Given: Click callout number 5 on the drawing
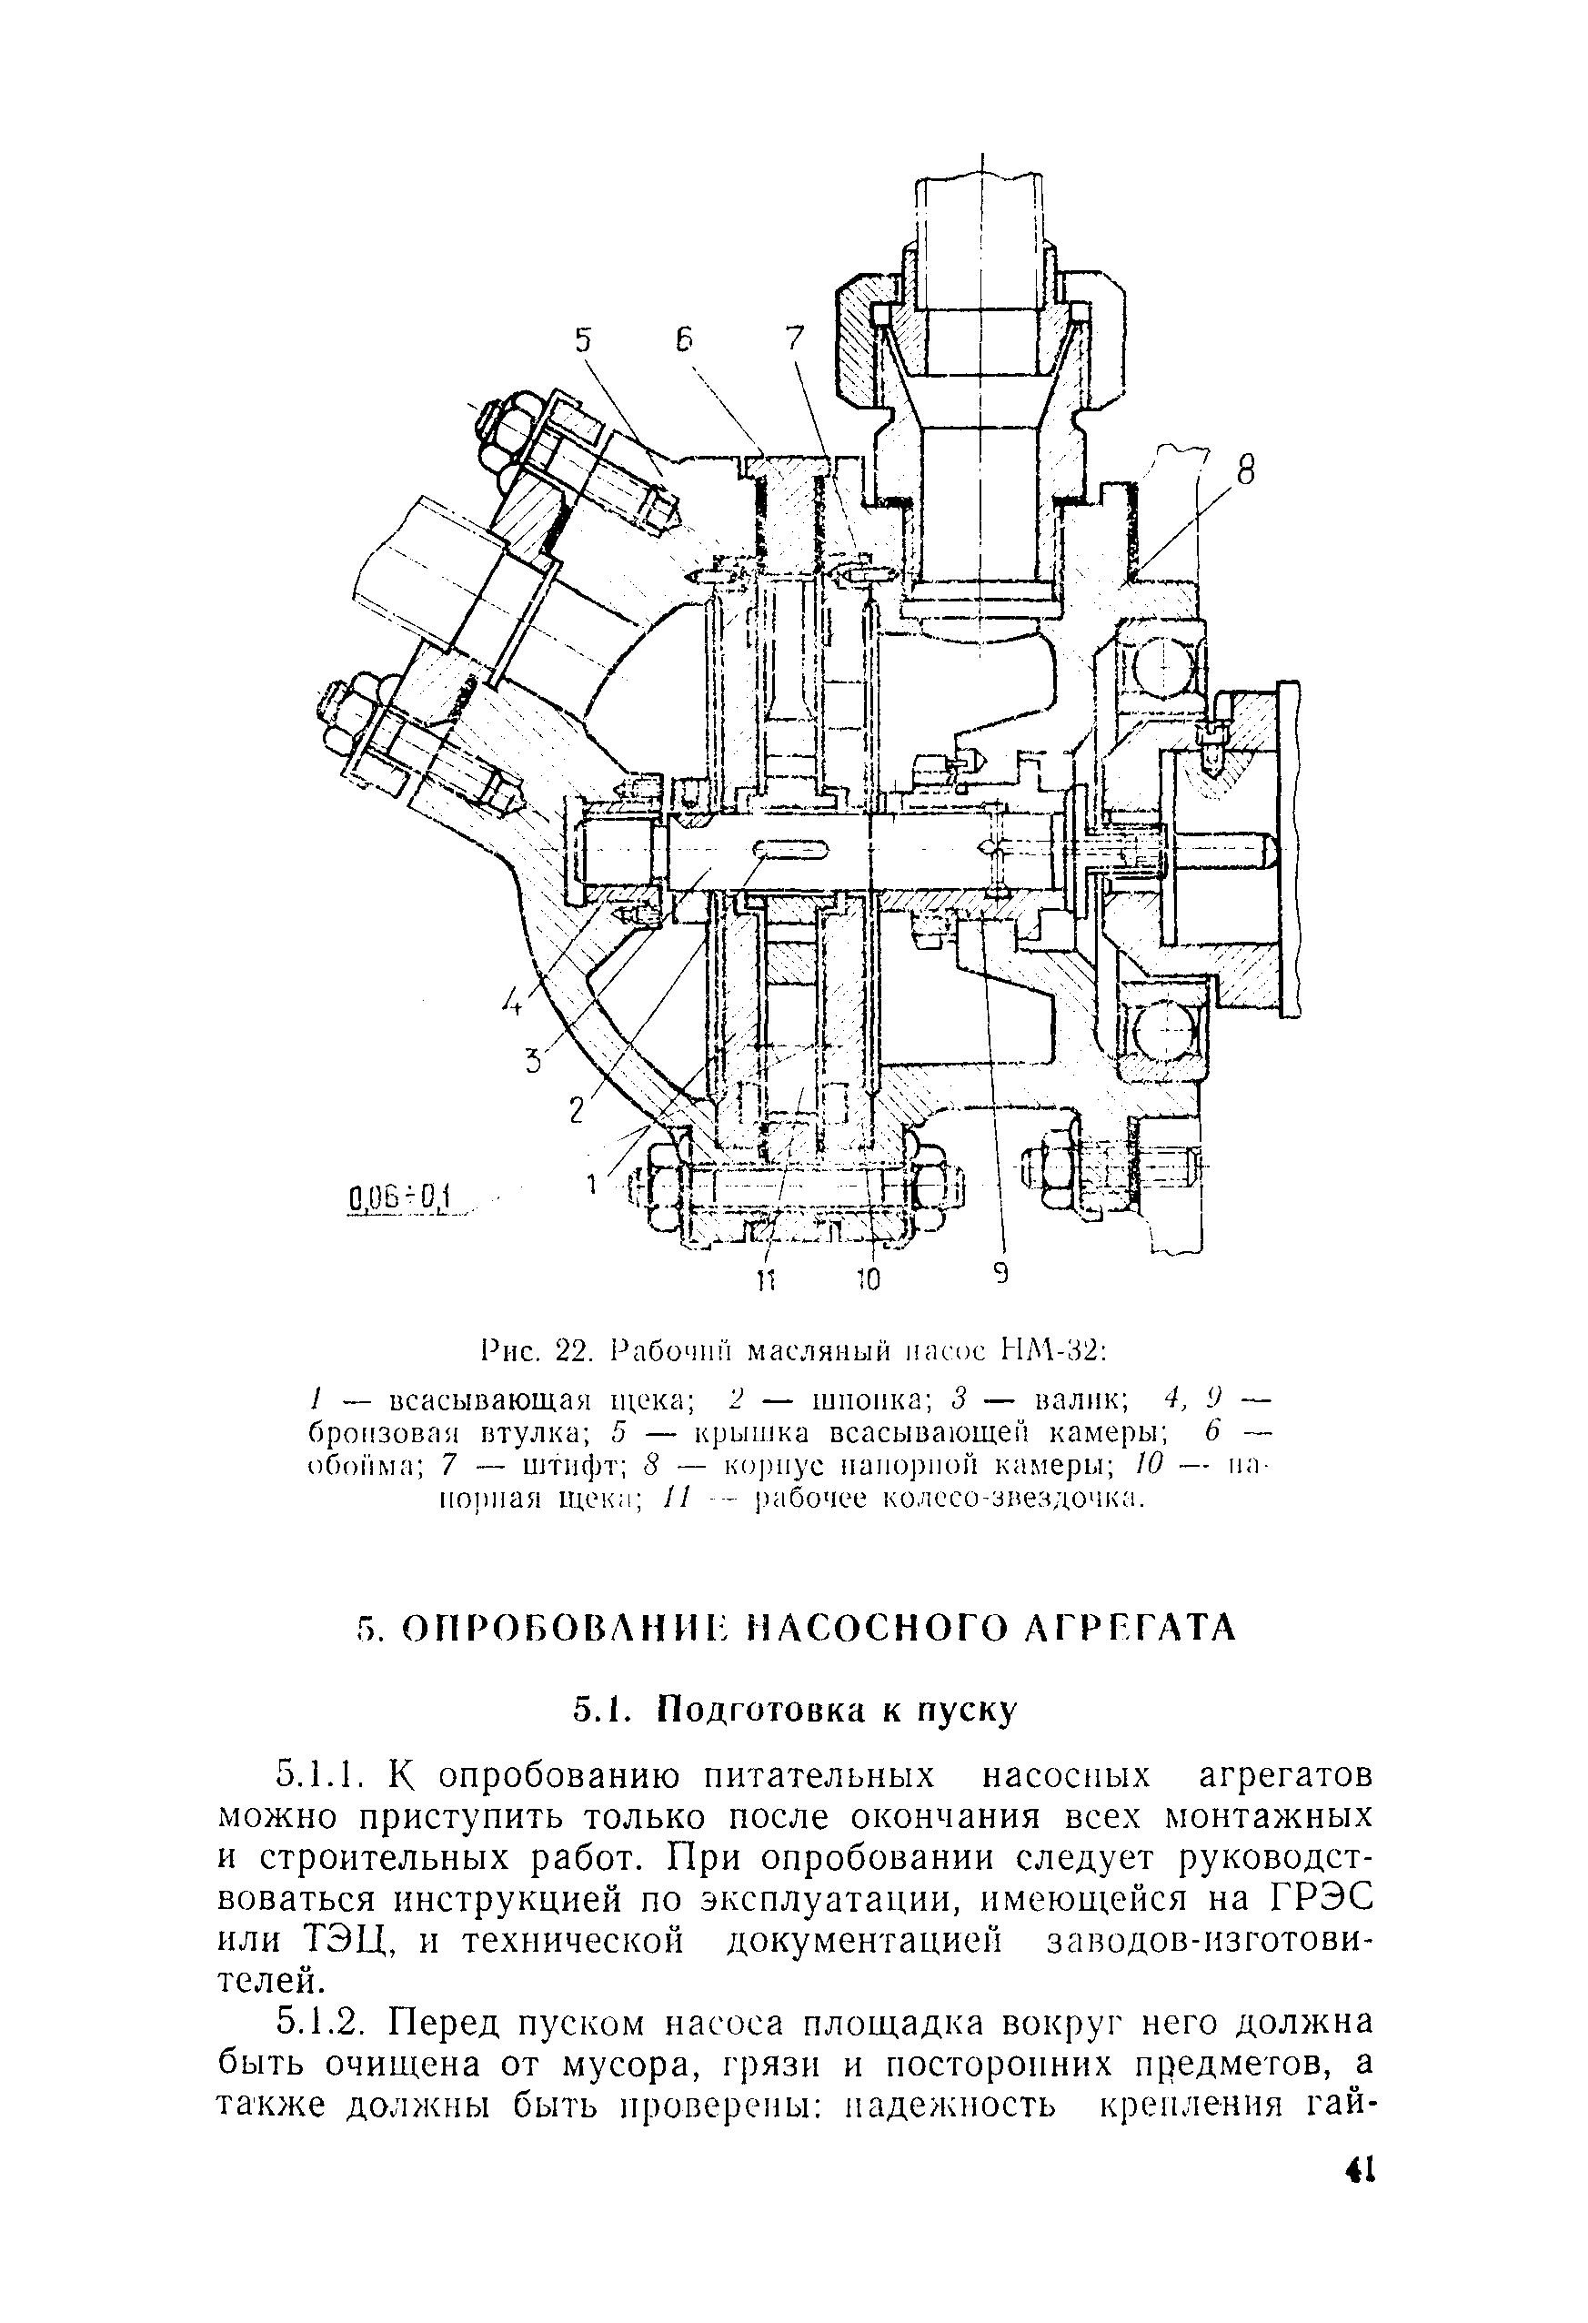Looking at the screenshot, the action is pyautogui.click(x=583, y=342).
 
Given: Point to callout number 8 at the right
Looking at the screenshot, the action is pyautogui.click(x=1244, y=470).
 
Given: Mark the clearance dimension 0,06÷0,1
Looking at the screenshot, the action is pyautogui.click(x=400, y=1196).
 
